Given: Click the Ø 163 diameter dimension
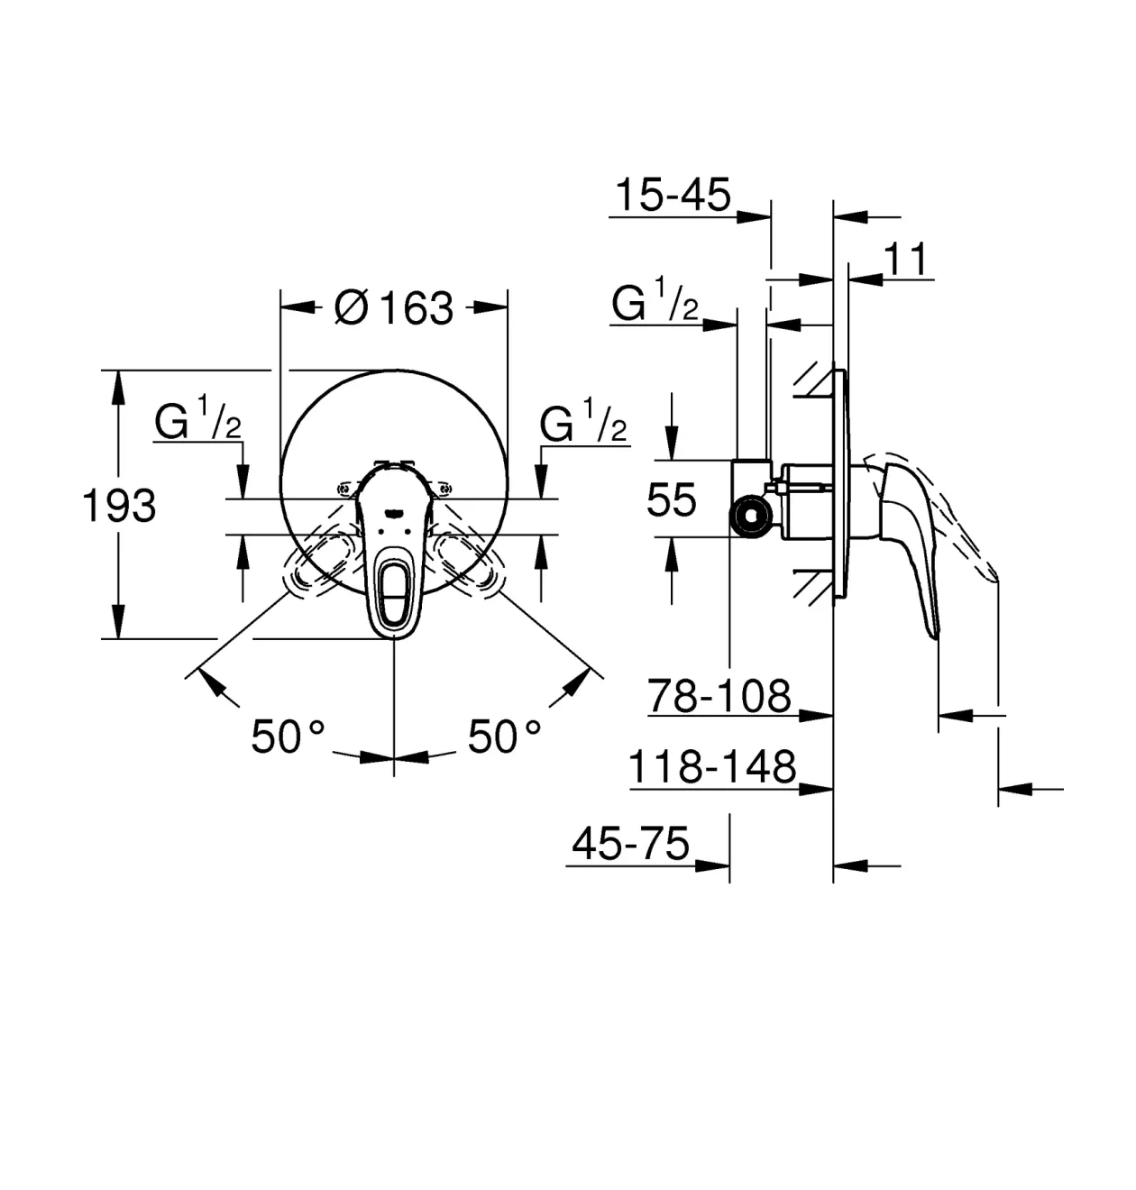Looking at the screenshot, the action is coord(394,307).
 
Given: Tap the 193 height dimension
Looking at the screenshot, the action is coord(119,506).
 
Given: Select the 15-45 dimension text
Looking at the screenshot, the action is coord(673,195).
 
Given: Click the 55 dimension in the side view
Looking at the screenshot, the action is coord(672,499).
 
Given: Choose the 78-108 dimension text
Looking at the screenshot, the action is coord(719,695).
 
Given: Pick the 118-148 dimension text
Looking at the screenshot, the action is coord(712,767).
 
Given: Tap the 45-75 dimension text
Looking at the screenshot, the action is coord(631,843).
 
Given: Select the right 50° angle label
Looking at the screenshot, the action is coord(504,737).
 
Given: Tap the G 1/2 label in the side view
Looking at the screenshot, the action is coord(655,299).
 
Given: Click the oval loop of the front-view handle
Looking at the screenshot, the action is coord(394,590).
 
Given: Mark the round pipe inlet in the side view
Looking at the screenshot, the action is coord(752,516).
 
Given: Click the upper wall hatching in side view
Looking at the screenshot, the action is coord(813,381).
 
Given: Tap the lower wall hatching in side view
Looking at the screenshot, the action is coord(813,587).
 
